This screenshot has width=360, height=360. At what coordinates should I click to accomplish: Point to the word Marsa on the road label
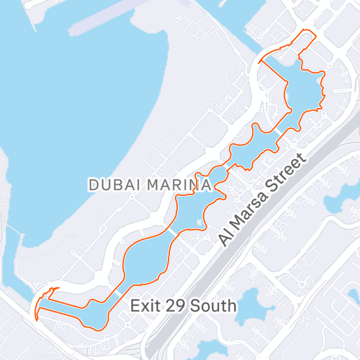click(248, 215)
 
